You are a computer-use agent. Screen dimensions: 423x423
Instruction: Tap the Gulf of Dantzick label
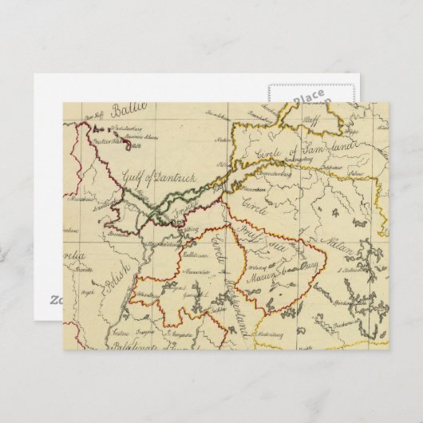(x=155, y=178)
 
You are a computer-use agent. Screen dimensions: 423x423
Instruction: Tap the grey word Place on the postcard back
(x=307, y=97)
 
